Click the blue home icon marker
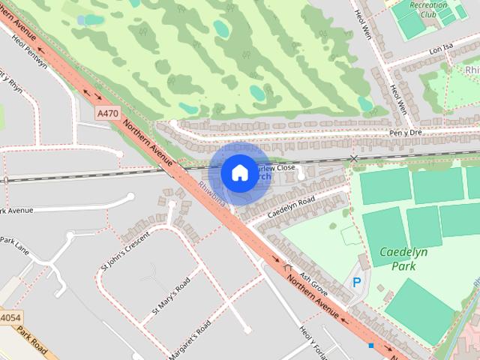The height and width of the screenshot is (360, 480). click(239, 173)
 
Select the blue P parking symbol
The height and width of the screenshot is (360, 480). click(357, 283)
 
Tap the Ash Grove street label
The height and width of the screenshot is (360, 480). click(313, 283)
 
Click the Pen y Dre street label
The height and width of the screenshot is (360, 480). click(406, 133)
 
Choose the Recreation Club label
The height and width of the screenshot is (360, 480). click(429, 10)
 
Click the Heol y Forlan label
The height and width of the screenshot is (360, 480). click(312, 343)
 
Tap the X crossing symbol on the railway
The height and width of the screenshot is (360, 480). click(354, 158)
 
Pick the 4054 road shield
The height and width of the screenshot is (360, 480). click(9, 319)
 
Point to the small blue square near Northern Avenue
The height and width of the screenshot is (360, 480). click(370, 345)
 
